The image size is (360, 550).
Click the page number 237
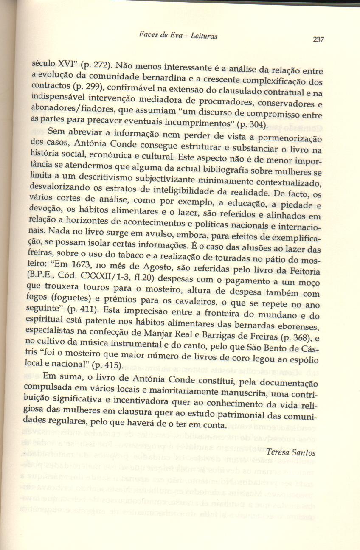(x=318, y=39)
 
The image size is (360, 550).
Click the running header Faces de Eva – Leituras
(x=178, y=36)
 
